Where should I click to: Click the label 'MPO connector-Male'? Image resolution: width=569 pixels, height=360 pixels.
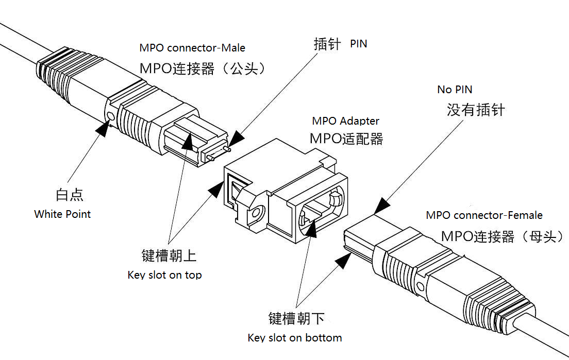click(192, 48)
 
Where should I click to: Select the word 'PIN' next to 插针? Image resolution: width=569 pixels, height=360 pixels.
click(359, 44)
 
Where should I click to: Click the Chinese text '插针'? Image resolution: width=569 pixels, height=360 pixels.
click(327, 44)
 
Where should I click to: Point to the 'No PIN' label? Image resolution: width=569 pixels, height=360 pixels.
click(455, 89)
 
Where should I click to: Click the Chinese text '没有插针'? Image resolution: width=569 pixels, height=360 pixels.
click(476, 110)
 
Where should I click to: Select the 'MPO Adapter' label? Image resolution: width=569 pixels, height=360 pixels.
click(345, 121)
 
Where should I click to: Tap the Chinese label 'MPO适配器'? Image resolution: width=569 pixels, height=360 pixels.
click(346, 139)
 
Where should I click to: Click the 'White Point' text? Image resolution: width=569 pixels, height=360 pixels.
click(62, 214)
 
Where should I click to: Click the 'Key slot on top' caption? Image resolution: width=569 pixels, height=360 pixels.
click(164, 275)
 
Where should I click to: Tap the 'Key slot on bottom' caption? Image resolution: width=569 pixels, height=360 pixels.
click(295, 338)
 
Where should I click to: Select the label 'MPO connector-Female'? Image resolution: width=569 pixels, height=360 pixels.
click(484, 215)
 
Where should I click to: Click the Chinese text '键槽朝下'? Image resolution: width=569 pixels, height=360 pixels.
click(296, 318)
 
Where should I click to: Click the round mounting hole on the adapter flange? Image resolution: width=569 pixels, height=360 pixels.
click(256, 212)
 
